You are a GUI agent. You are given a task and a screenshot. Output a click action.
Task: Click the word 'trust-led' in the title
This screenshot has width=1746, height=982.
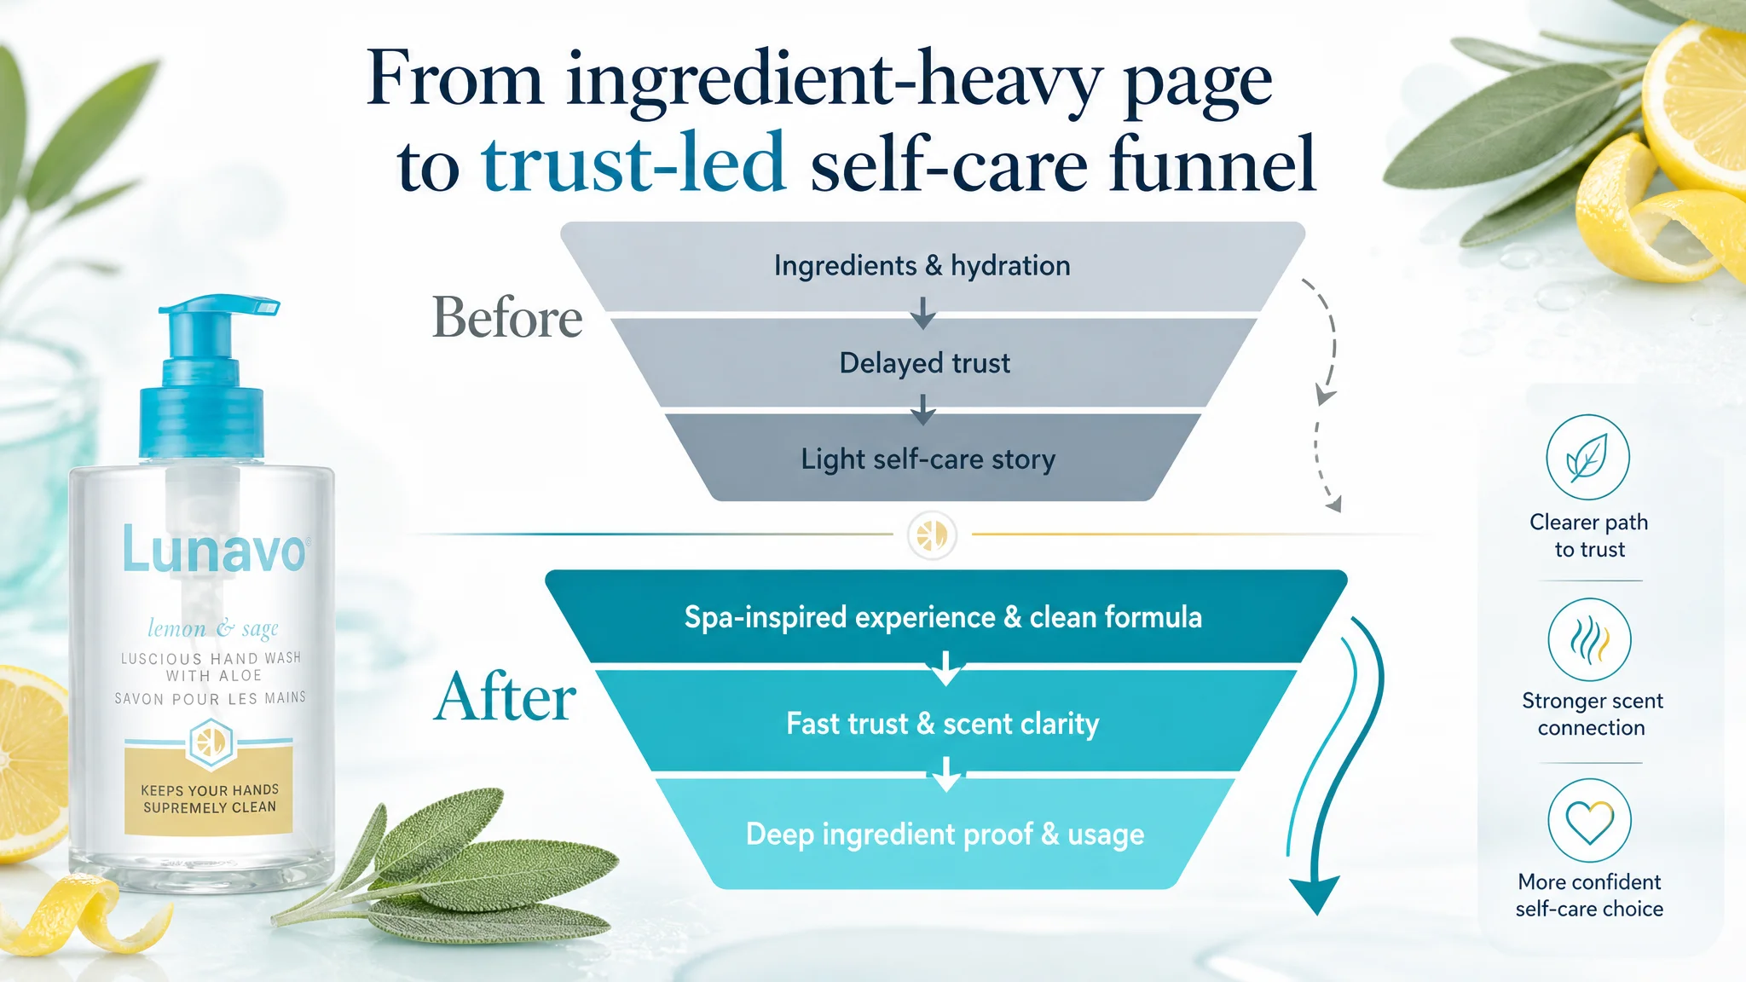coord(633,164)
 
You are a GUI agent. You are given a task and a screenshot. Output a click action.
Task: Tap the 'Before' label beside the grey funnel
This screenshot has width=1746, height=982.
coord(507,318)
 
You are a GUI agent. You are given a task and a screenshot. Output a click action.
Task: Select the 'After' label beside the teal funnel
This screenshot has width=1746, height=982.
coord(506,697)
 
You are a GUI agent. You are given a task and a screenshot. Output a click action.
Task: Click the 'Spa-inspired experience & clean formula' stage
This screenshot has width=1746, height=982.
coord(944,616)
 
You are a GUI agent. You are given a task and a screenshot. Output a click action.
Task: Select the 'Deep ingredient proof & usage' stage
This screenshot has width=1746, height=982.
coord(945,834)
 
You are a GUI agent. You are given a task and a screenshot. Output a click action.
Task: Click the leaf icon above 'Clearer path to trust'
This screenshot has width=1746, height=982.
coord(1587,458)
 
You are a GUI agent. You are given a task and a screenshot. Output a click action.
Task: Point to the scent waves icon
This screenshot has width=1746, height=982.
coord(1589,640)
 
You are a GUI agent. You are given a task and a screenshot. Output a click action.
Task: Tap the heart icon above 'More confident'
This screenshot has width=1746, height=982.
coord(1589,821)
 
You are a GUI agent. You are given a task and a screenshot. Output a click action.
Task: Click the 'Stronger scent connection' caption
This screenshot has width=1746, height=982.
coord(1592,714)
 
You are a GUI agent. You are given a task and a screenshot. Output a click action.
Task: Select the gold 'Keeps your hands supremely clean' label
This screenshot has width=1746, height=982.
coord(209,790)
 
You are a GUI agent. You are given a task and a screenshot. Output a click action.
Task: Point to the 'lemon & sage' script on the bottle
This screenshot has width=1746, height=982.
coord(213,628)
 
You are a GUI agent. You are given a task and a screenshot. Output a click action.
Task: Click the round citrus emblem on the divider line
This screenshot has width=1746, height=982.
coord(932,535)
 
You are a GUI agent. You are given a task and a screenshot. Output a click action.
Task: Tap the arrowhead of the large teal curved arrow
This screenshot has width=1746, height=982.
coord(1317,893)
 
